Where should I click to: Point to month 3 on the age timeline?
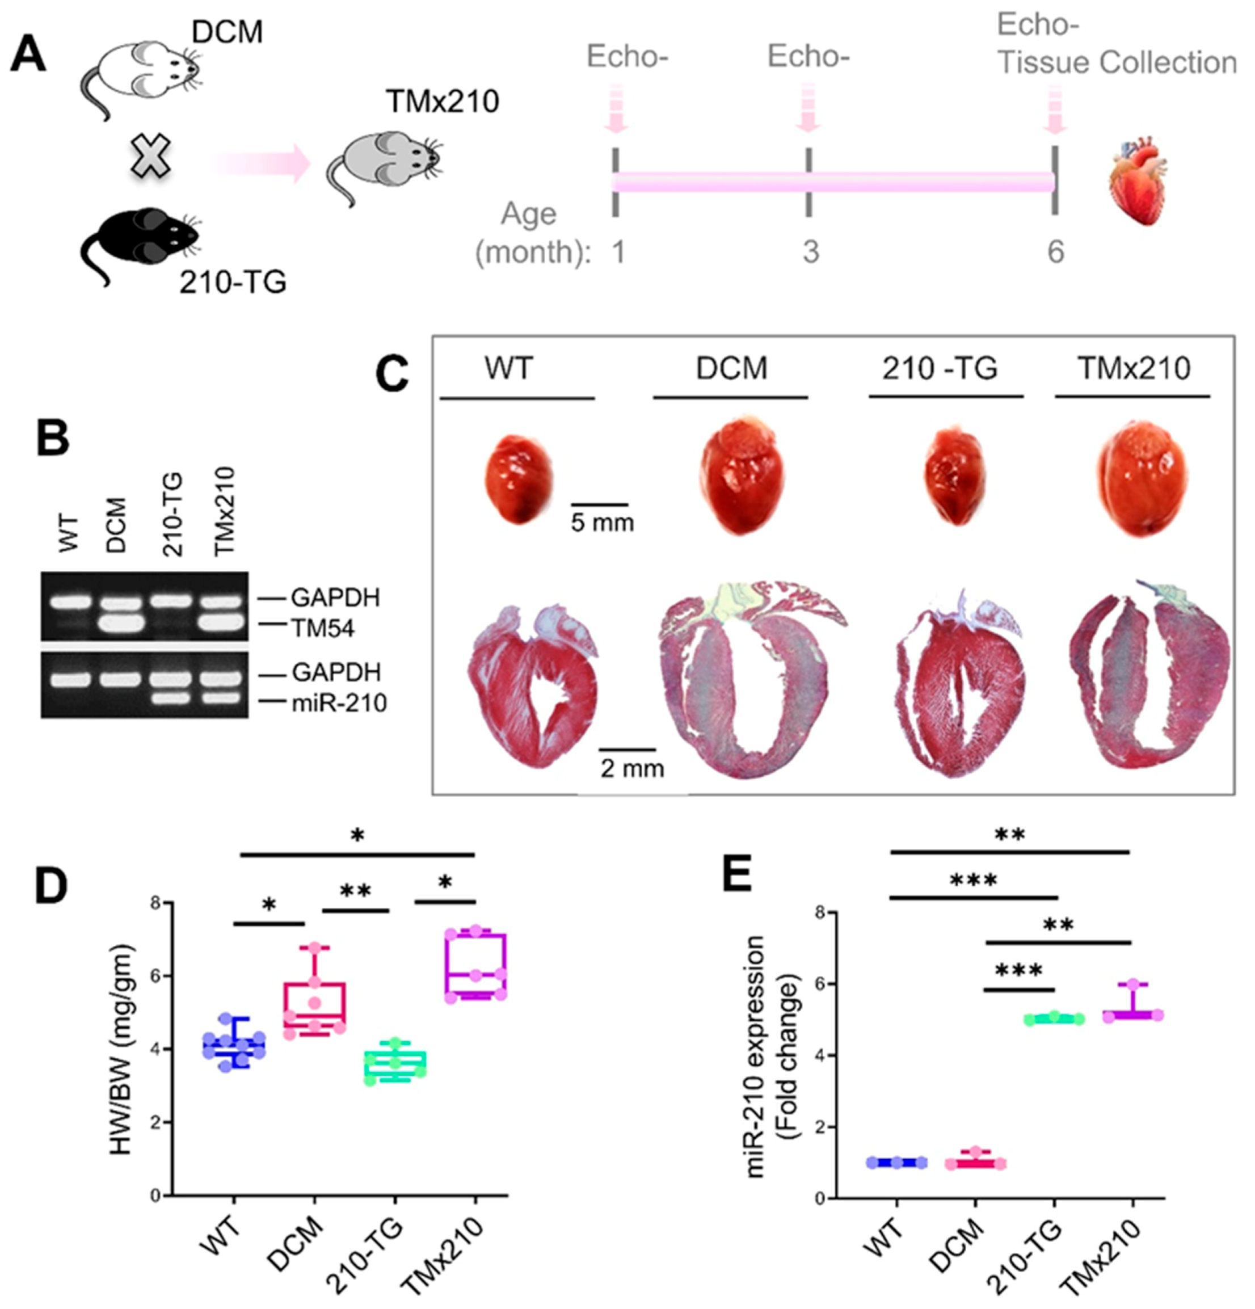pyautogui.click(x=810, y=253)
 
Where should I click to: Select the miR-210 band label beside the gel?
pyautogui.click(x=339, y=702)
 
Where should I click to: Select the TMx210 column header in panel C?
pyautogui.click(x=1134, y=368)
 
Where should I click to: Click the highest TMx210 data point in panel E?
pyautogui.click(x=1133, y=984)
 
